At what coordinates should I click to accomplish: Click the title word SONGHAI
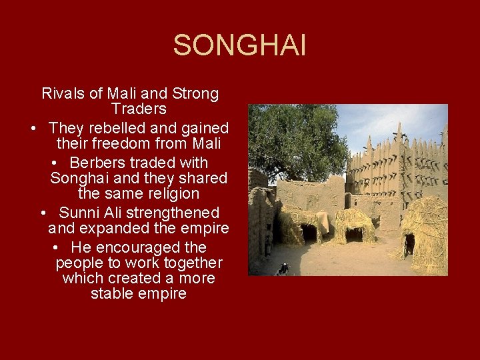tap(239, 46)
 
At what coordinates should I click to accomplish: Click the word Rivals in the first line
tap(63, 93)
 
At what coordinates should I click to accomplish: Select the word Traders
tap(139, 109)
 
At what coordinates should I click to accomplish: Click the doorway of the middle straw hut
tap(353, 235)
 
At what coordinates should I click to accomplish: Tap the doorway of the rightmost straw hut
tap(409, 243)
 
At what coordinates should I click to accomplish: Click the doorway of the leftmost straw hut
tap(308, 233)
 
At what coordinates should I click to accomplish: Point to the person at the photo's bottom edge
tap(283, 269)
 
